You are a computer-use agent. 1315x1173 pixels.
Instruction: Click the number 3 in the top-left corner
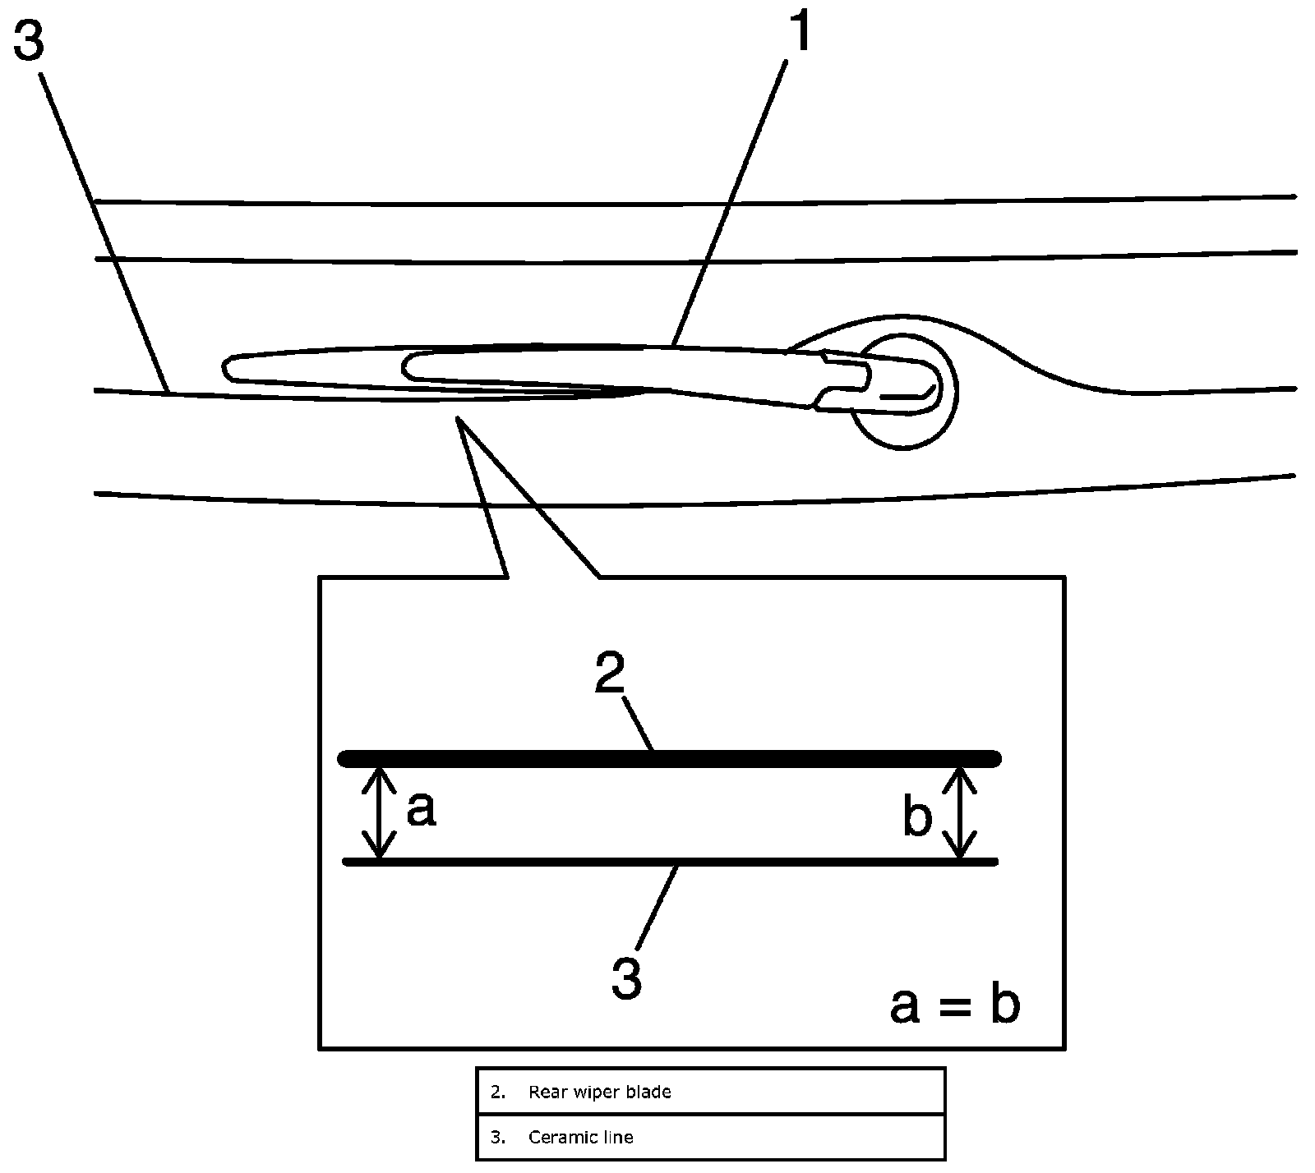click(x=28, y=40)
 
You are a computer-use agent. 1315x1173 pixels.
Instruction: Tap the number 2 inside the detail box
click(x=610, y=675)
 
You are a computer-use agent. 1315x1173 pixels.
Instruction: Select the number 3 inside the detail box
click(x=626, y=977)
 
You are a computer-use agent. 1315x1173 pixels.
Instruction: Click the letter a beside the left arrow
click(x=421, y=810)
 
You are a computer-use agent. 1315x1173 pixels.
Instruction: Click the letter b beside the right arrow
click(x=917, y=817)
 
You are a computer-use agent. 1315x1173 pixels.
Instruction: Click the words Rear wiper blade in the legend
click(x=599, y=1092)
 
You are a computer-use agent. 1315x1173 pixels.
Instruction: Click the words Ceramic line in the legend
click(x=580, y=1137)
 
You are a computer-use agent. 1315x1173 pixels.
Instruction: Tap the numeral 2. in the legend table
click(x=497, y=1092)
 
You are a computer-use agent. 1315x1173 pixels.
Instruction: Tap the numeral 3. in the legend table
click(x=497, y=1137)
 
